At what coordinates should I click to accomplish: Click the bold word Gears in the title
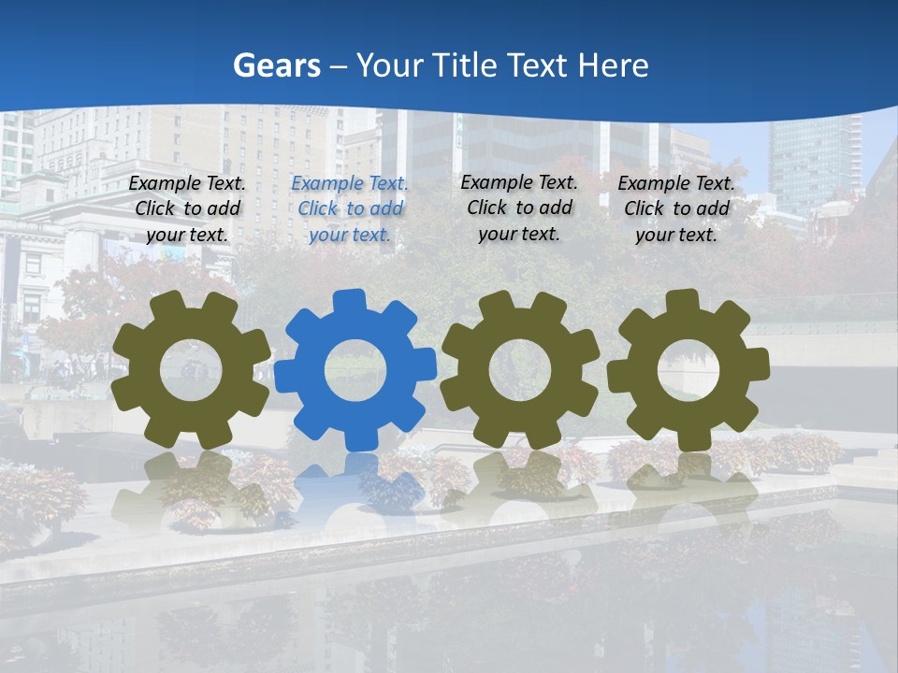277,65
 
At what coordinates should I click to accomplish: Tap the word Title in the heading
463,65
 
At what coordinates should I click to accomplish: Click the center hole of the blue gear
355,369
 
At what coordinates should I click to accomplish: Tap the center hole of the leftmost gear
191,369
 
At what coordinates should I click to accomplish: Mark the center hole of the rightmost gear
688,369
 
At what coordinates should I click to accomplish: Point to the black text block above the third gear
519,208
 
